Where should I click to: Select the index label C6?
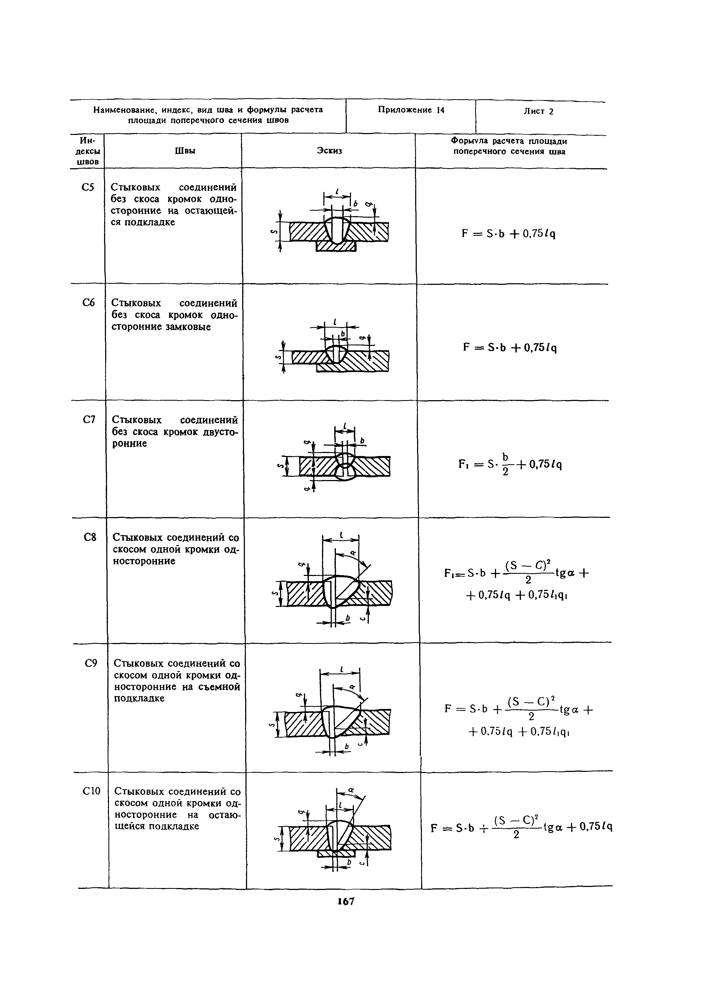(88, 303)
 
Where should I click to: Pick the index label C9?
(90, 663)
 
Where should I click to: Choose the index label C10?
(91, 791)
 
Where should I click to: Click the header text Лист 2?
(539, 111)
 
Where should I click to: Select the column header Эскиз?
(329, 150)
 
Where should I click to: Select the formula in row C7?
(510, 464)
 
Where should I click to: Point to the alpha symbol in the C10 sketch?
(351, 789)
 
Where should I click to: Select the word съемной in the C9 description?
(220, 687)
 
